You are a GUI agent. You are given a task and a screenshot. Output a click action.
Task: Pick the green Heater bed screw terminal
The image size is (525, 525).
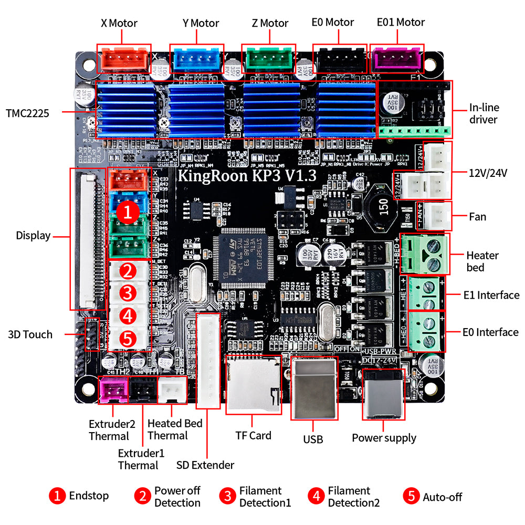[425, 254]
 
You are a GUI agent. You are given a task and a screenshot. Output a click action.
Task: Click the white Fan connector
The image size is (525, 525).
[437, 216]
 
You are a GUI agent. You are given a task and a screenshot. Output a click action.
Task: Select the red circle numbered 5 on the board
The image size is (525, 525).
[128, 338]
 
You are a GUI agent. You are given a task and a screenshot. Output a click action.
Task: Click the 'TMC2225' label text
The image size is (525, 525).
[27, 112]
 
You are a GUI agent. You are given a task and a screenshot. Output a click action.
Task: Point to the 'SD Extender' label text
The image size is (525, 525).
[205, 465]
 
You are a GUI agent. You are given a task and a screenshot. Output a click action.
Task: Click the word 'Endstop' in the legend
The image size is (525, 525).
[89, 496]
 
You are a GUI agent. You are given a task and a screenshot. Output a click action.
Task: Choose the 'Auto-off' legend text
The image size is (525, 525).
[443, 497]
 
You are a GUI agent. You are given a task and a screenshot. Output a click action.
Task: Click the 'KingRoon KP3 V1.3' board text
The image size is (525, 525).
[247, 175]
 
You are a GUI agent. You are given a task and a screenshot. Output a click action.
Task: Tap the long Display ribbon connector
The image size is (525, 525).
[87, 239]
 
